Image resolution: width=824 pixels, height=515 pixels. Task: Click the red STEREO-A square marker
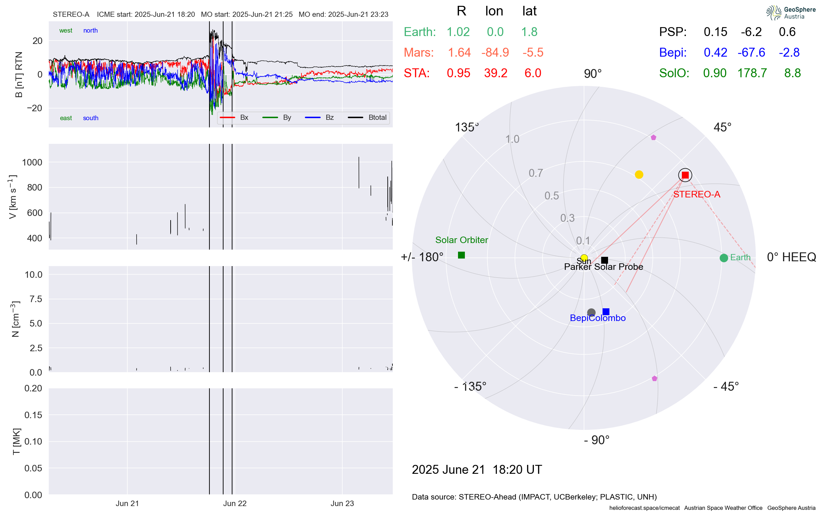tap(685, 175)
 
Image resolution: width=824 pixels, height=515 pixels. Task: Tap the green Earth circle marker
tap(724, 258)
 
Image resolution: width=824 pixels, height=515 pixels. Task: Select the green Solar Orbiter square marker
tap(461, 255)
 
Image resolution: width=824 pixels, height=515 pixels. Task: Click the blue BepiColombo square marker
tap(606, 312)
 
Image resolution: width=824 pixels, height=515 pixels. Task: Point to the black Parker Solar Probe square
tap(605, 260)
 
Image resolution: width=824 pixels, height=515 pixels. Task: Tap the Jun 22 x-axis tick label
tap(235, 503)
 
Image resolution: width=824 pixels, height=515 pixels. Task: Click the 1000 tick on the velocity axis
tap(32, 162)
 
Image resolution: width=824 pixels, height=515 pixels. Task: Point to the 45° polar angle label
tap(722, 127)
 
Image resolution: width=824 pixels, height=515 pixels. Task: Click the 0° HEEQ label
tap(791, 257)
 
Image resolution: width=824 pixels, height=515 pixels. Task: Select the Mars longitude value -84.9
tap(495, 53)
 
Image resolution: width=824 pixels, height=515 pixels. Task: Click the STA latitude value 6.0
tap(533, 73)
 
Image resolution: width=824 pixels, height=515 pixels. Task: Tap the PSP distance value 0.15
tap(716, 32)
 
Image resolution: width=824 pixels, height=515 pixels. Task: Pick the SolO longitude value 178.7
tap(752, 73)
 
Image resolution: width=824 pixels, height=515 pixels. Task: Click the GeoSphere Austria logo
tap(791, 13)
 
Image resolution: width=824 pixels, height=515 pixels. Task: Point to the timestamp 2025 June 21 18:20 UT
tap(477, 469)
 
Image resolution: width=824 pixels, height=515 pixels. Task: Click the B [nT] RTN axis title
tap(19, 75)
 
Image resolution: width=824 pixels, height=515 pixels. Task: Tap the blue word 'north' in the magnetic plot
tap(90, 31)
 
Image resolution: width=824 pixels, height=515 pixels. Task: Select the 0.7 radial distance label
tap(536, 173)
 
